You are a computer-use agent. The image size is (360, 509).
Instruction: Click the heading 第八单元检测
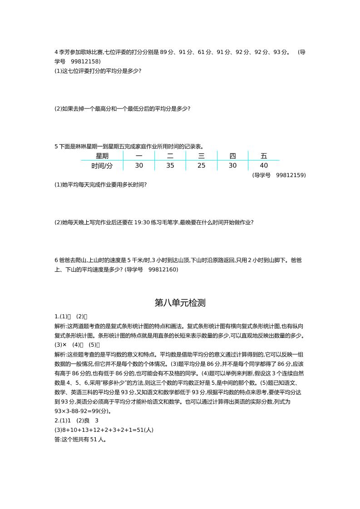tap(180, 303)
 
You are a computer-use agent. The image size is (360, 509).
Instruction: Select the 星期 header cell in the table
tap(102, 156)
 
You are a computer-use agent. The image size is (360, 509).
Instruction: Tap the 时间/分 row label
tap(102, 166)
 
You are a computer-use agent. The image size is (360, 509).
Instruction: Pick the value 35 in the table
tap(170, 166)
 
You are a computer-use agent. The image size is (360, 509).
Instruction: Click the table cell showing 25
tap(201, 166)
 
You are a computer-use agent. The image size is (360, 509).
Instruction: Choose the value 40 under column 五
tap(264, 166)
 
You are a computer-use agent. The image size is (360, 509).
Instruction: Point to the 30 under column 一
tap(139, 166)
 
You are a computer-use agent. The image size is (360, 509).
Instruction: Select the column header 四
tap(232, 156)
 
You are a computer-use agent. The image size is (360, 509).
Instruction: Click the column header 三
tap(201, 156)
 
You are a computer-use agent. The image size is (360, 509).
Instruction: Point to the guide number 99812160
tap(163, 269)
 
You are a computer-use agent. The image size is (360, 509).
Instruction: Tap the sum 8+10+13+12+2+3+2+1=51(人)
tap(104, 430)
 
